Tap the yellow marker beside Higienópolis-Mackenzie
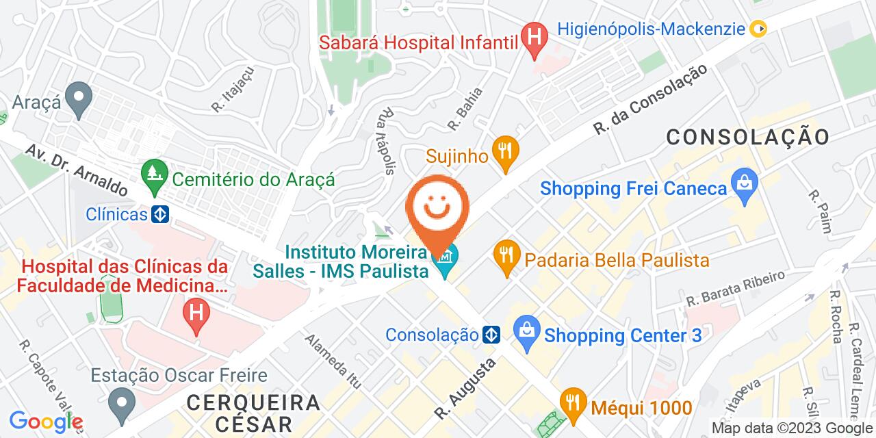coord(758,29)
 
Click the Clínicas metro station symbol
coord(160,214)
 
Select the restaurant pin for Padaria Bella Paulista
coord(506,259)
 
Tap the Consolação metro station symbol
coord(491,335)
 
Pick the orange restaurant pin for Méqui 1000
coord(571,404)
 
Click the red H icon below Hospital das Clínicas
coord(196,315)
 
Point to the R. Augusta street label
coord(465,391)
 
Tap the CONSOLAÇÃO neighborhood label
coord(747,136)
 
